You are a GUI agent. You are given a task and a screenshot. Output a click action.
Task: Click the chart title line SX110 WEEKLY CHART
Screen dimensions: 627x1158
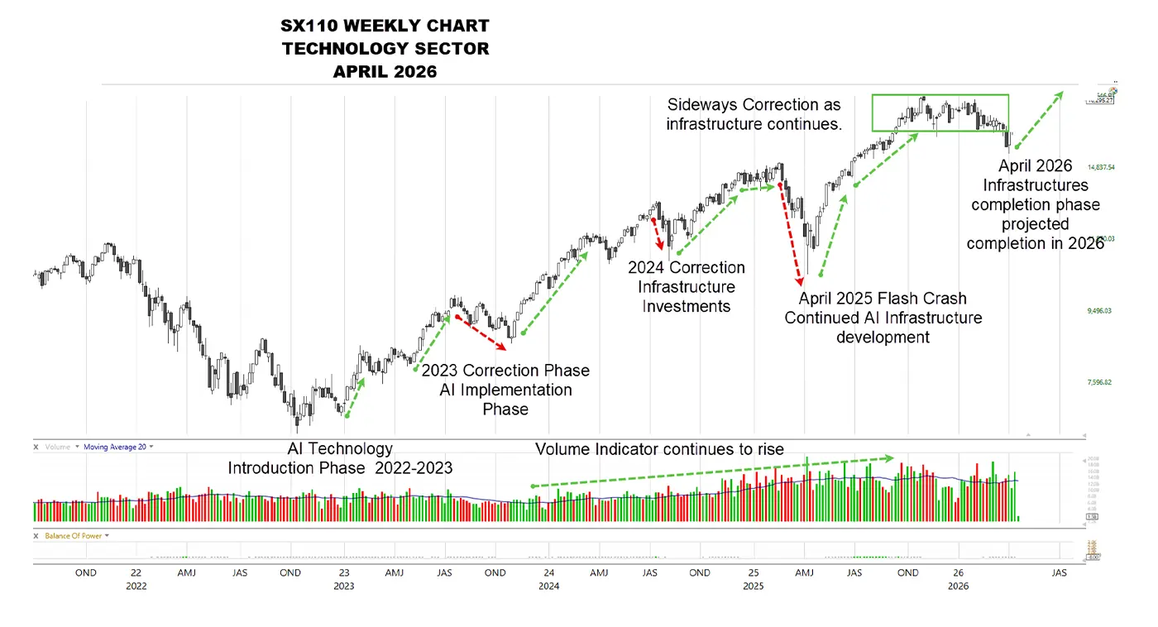tap(385, 26)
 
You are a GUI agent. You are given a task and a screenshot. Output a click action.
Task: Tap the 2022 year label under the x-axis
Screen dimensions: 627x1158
tap(136, 586)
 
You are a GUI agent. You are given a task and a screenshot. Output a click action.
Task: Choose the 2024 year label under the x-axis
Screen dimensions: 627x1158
tap(548, 586)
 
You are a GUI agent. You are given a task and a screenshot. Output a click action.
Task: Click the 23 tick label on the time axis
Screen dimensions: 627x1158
tap(344, 572)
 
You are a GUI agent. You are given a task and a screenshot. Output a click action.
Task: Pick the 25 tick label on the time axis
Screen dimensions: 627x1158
tap(754, 572)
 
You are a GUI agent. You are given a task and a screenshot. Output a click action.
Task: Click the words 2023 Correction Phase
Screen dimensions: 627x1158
tap(505, 370)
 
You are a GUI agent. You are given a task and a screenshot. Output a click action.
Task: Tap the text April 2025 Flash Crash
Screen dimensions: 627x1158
tap(882, 299)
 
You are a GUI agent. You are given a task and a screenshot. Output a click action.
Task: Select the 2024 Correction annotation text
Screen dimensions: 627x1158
tap(686, 268)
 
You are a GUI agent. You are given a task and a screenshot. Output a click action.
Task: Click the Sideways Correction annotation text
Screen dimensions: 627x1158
tap(754, 105)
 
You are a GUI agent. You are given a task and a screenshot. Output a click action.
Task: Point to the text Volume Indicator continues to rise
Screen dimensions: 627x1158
tap(659, 449)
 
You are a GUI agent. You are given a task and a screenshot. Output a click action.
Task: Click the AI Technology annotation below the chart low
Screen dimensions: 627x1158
tap(340, 448)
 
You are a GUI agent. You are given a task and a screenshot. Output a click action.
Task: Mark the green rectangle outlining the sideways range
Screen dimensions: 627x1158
tap(940, 95)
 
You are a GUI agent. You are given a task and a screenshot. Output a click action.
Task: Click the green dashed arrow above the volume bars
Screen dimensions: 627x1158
tap(711, 471)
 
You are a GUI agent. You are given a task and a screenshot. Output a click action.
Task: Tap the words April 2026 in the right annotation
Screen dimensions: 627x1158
tap(1035, 166)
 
